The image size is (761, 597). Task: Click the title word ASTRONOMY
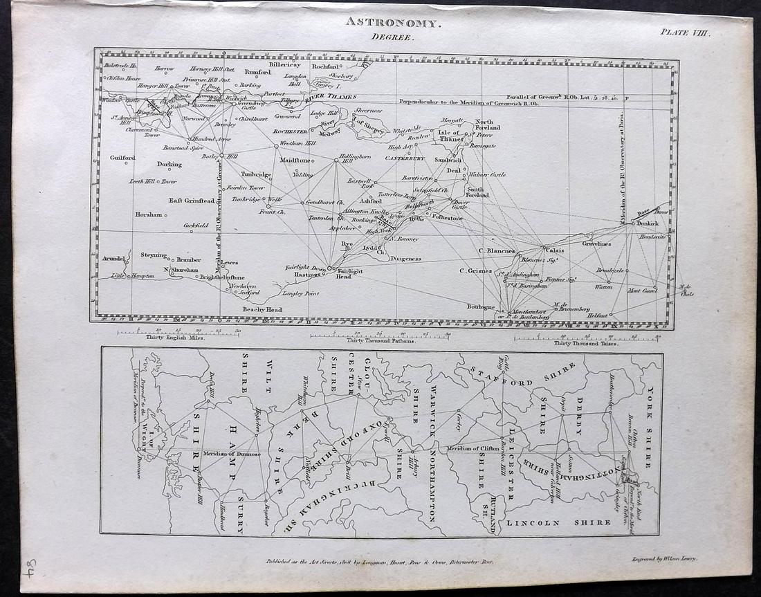click(392, 23)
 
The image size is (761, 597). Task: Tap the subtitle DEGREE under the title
click(392, 39)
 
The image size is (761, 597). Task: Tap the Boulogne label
click(481, 306)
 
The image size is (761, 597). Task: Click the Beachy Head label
click(262, 309)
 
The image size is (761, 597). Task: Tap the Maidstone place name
click(293, 160)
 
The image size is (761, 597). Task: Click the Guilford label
click(122, 158)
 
